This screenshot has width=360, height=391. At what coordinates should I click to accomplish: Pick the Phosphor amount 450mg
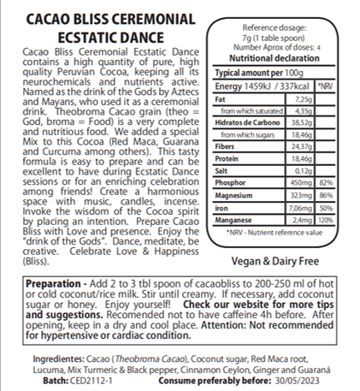point(300,182)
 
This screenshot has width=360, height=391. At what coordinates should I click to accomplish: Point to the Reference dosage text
point(268,28)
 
